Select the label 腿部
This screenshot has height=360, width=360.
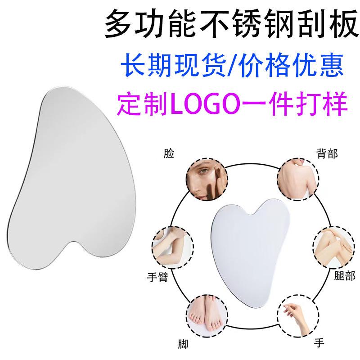[x=345, y=275]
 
